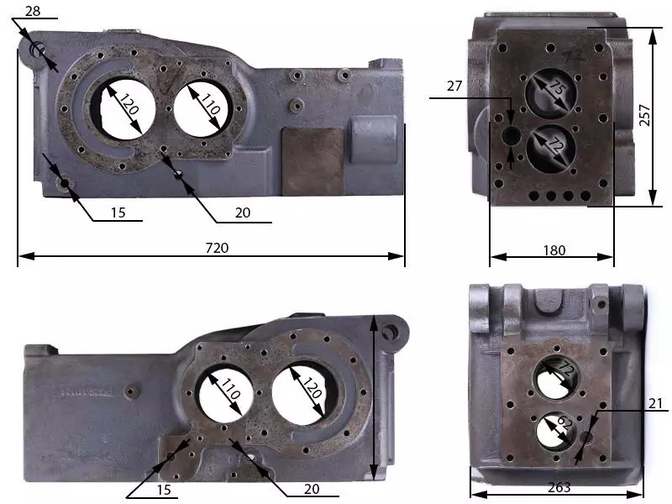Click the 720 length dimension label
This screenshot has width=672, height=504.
click(x=217, y=248)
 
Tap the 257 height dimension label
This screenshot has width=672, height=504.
click(x=644, y=115)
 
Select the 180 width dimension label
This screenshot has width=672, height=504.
click(x=554, y=250)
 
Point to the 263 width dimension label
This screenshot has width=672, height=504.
click(x=559, y=487)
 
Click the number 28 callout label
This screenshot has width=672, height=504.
click(x=33, y=11)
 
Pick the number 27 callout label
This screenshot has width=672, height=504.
click(x=454, y=87)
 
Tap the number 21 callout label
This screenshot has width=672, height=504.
click(x=655, y=403)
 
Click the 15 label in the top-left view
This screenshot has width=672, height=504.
click(x=118, y=213)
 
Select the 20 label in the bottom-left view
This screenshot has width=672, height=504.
click(x=312, y=489)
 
